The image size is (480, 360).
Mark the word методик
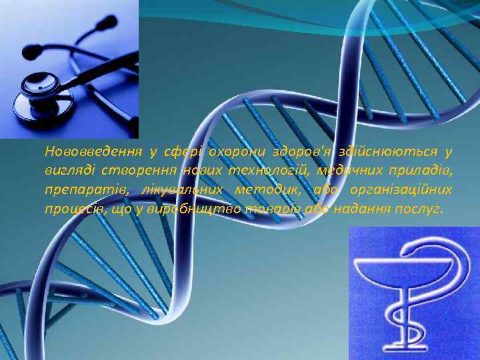266,191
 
